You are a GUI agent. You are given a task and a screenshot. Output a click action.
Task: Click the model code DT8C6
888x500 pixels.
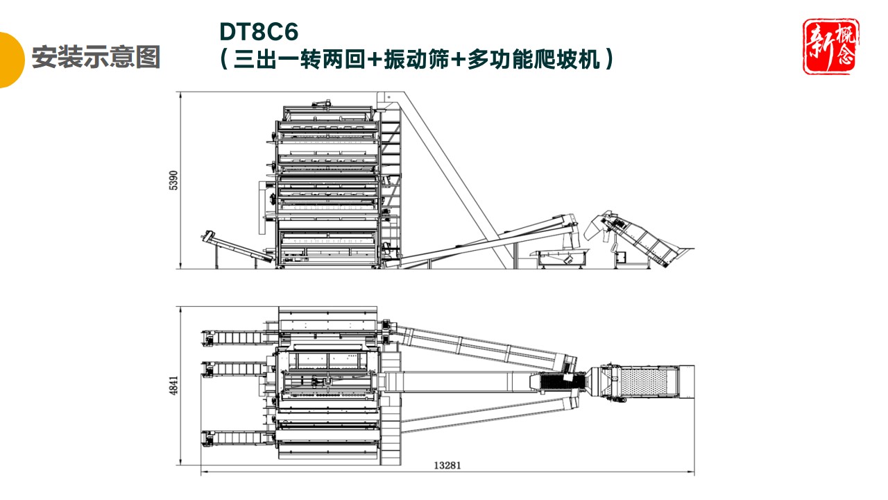point(259,32)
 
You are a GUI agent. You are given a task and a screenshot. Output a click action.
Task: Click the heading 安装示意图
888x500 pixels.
point(96,57)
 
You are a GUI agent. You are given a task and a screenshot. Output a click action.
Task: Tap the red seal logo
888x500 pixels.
point(830,47)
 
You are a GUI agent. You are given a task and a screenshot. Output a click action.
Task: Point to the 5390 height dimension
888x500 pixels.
point(174,181)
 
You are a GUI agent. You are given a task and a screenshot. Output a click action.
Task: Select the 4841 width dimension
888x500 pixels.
point(174,387)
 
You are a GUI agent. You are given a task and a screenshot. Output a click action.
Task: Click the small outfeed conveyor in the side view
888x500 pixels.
point(236,247)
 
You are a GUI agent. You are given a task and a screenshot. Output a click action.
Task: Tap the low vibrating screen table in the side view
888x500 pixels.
point(558,257)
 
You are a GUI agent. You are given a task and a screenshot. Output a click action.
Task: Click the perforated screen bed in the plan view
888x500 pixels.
point(645,383)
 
